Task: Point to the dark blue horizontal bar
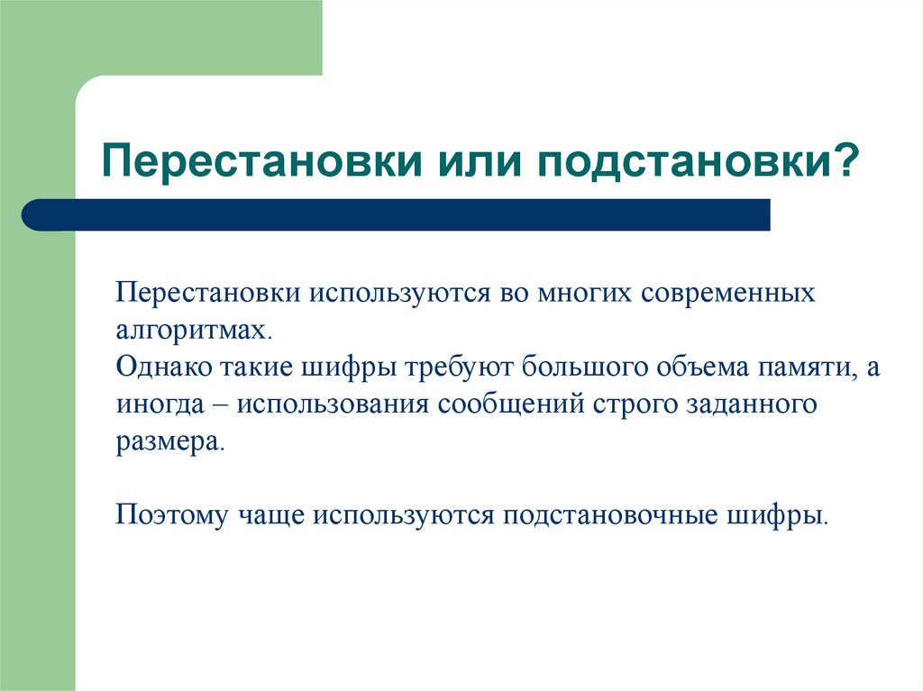(397, 214)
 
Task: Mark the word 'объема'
(672, 369)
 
